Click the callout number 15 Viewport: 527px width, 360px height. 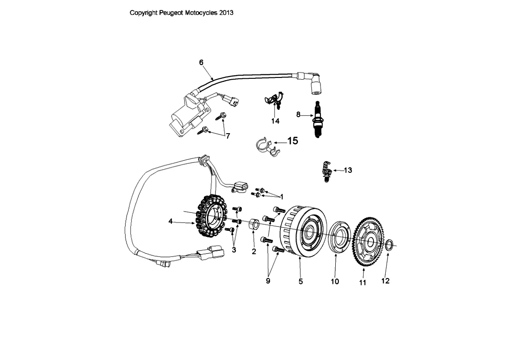point(293,141)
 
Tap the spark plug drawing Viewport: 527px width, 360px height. point(316,119)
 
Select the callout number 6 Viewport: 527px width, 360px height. point(201,62)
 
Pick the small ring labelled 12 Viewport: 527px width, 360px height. point(388,245)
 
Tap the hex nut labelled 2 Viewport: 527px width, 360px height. point(254,225)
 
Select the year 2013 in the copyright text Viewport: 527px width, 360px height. point(226,13)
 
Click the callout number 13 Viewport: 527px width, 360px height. point(348,171)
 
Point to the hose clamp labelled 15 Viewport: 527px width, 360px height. point(266,147)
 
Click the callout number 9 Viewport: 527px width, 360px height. point(268,281)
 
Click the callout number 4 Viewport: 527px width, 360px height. point(171,221)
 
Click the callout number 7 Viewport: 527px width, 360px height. point(228,136)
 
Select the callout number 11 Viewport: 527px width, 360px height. point(362,283)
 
